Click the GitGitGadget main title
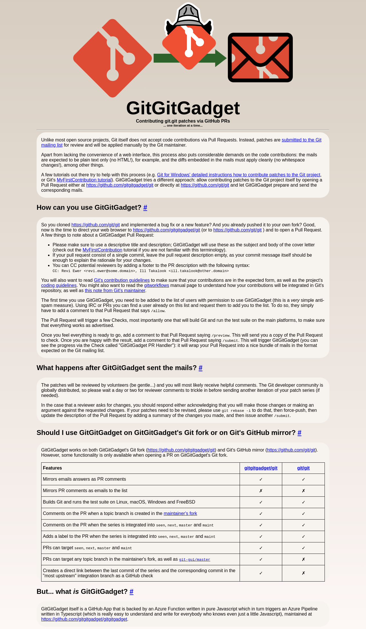[x=183, y=108]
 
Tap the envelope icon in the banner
[x=260, y=57]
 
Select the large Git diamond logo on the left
[x=112, y=58]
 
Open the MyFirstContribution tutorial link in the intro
[x=84, y=180]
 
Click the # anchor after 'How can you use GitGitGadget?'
[x=145, y=208]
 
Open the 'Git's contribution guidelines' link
[x=122, y=280]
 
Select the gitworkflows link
[x=156, y=285]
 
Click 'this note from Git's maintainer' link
[x=115, y=291]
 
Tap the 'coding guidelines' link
[x=59, y=285]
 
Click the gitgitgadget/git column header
[x=261, y=468]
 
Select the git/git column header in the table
[x=303, y=468]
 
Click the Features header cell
[x=52, y=468]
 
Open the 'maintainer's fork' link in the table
[x=180, y=514]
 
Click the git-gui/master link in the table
[x=194, y=560]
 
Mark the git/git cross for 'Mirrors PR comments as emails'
[x=303, y=491]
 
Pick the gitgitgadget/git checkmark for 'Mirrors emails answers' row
[x=261, y=480]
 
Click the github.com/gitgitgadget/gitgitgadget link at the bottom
[x=84, y=619]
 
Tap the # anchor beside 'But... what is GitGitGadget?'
[x=132, y=592]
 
